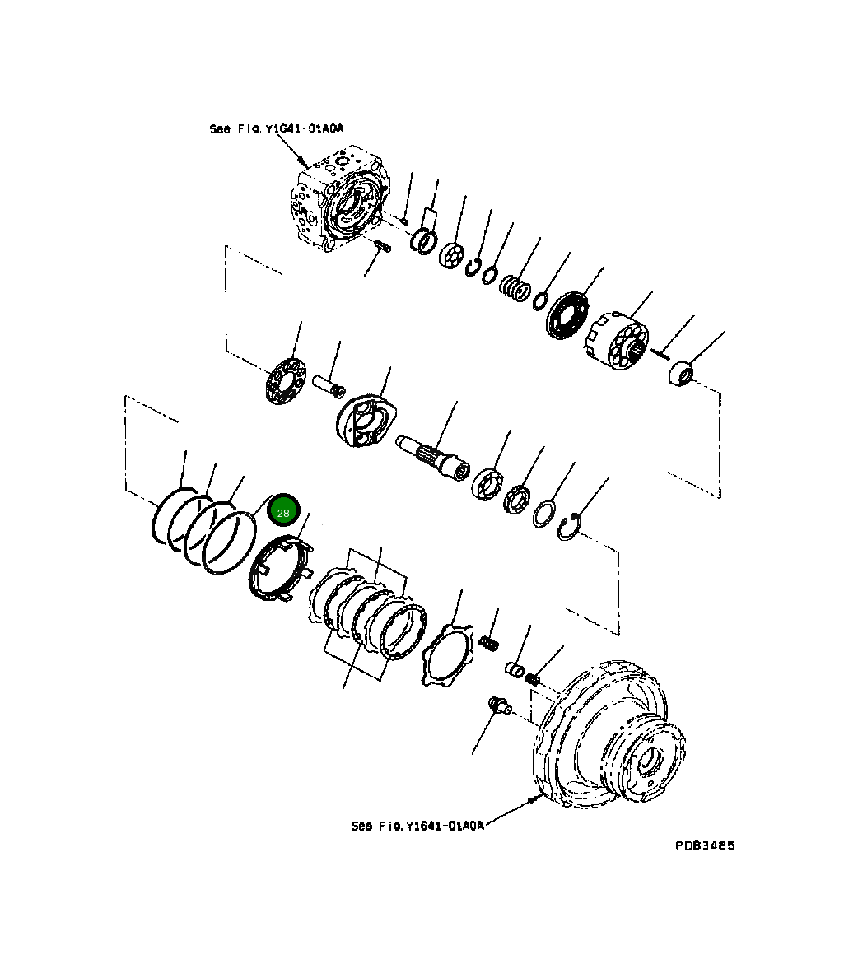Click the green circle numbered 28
tap(282, 512)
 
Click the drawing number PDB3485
tap(705, 845)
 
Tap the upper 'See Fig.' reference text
tap(276, 129)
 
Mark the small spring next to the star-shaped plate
tap(491, 640)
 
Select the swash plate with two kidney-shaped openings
tap(366, 420)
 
